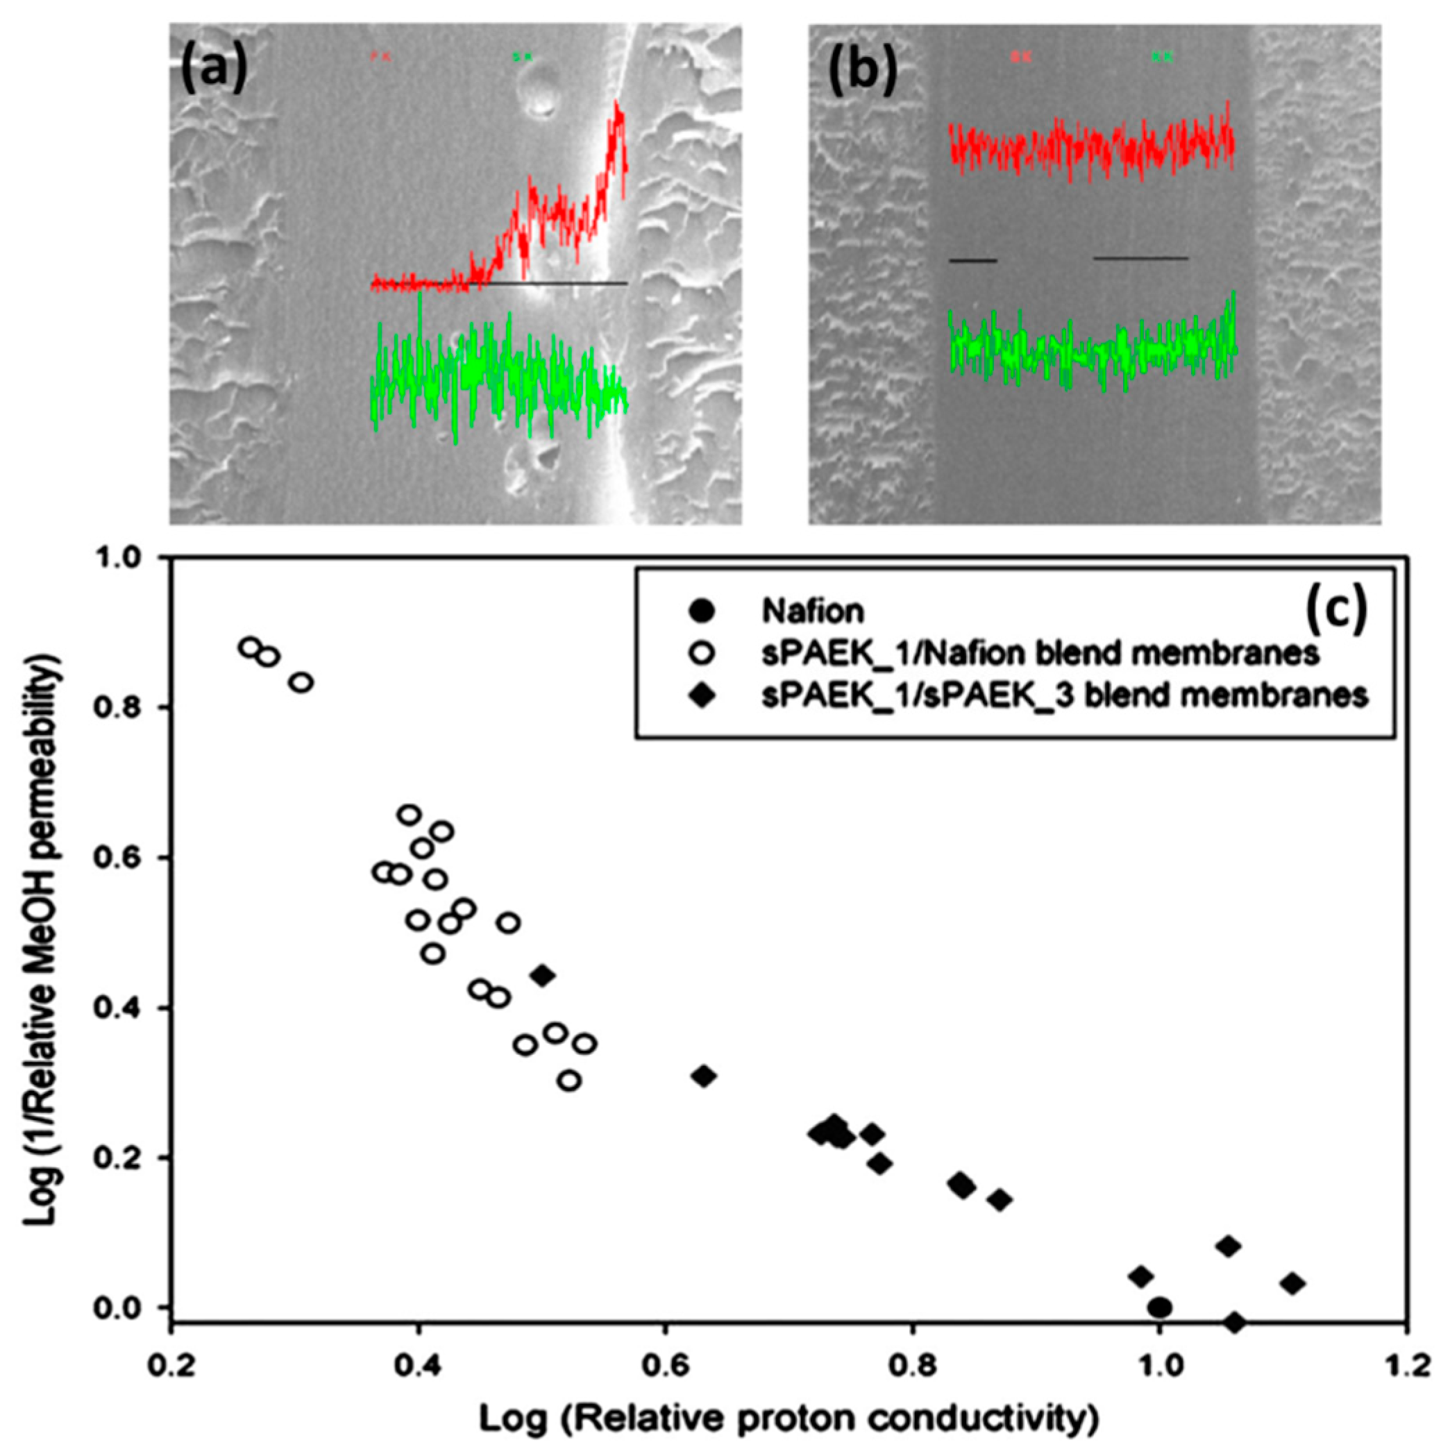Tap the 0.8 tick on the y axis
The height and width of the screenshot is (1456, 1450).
(x=128, y=708)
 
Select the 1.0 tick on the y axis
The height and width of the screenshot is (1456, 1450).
(x=128, y=559)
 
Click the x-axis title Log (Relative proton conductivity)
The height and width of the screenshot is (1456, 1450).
(x=788, y=1421)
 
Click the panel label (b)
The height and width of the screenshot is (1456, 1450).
(x=862, y=68)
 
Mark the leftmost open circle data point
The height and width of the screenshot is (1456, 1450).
(x=250, y=647)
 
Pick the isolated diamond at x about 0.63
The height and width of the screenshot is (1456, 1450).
(x=704, y=1076)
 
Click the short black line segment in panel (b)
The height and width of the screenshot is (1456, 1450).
(x=973, y=261)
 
